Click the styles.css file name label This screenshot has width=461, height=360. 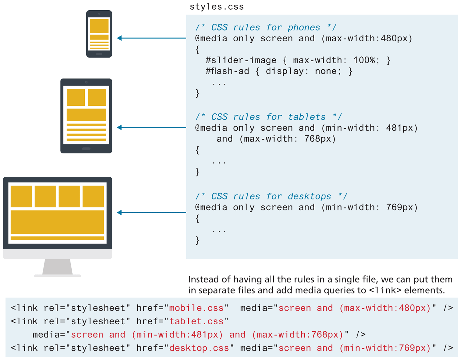[x=217, y=7]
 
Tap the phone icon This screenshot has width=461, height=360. [x=99, y=34]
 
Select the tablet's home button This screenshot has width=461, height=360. [x=86, y=149]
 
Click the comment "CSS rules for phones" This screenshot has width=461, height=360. [x=266, y=27]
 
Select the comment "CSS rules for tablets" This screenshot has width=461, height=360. [x=269, y=117]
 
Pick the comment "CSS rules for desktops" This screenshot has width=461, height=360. [x=271, y=196]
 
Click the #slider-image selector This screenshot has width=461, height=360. [x=241, y=60]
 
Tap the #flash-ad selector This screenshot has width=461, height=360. [x=227, y=71]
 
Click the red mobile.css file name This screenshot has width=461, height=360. [x=196, y=308]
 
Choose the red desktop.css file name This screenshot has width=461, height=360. [x=199, y=348]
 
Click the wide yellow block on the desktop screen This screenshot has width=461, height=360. [x=57, y=222]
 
